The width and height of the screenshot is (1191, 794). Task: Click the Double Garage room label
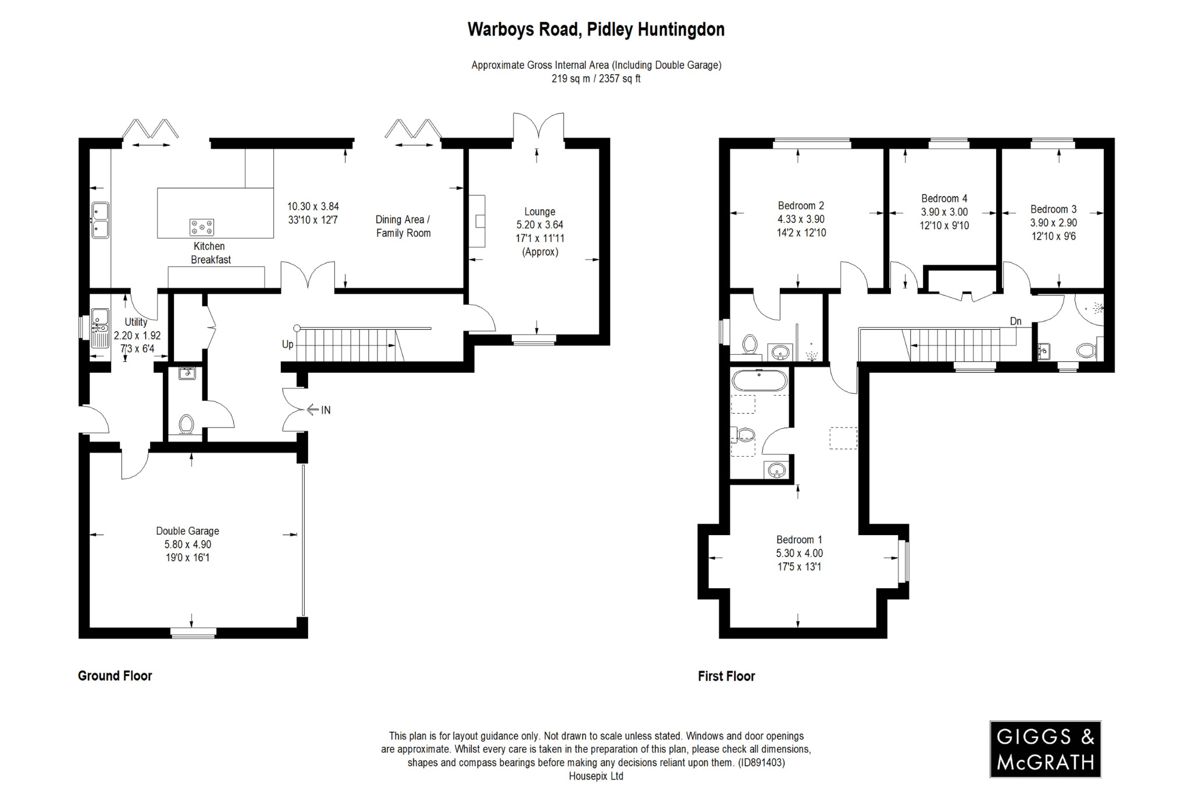(187, 530)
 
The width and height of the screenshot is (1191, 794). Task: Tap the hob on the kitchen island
(201, 227)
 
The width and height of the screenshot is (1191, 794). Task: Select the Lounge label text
(540, 212)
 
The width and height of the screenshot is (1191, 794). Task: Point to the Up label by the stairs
(288, 344)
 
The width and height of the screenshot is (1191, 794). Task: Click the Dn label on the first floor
(1015, 321)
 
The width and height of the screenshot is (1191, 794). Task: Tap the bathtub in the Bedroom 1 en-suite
(759, 382)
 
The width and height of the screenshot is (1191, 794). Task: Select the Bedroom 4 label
(944, 198)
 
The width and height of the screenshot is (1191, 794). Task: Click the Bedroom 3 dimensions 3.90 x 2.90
(1053, 223)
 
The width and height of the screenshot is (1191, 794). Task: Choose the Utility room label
(136, 322)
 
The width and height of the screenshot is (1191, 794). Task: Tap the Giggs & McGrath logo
(1045, 749)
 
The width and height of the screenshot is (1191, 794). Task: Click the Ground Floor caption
(115, 675)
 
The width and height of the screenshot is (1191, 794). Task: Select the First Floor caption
(726, 676)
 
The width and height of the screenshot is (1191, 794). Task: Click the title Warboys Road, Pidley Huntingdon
(596, 30)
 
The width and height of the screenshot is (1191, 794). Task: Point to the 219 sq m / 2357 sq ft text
(596, 79)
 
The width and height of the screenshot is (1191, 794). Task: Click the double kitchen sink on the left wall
(100, 220)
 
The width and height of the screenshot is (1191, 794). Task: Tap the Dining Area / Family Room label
(403, 226)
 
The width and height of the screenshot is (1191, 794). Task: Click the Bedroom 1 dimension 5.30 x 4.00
(799, 553)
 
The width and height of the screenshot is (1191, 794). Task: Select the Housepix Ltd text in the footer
(595, 776)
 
